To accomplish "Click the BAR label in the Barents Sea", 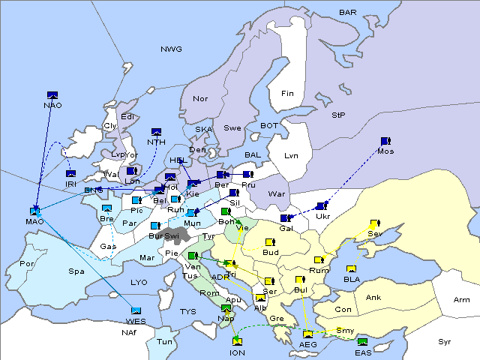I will pyautogui.click(x=348, y=13).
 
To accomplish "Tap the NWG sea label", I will pyautogui.click(x=171, y=49).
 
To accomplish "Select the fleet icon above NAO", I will pyautogui.click(x=52, y=94).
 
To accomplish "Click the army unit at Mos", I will pyautogui.click(x=385, y=141).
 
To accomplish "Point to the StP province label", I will pyautogui.click(x=338, y=115).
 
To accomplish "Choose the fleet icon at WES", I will pyautogui.click(x=136, y=310).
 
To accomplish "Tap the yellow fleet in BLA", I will pyautogui.click(x=351, y=269).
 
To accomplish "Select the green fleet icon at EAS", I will pyautogui.click(x=363, y=342).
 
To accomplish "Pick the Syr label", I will pyautogui.click(x=445, y=342).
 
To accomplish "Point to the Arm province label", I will pyautogui.click(x=462, y=300).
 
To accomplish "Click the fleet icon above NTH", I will pyautogui.click(x=156, y=132).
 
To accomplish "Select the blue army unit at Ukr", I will pyautogui.click(x=322, y=206).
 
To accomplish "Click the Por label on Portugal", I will pyautogui.click(x=28, y=264).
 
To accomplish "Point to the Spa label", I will pyautogui.click(x=76, y=271).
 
